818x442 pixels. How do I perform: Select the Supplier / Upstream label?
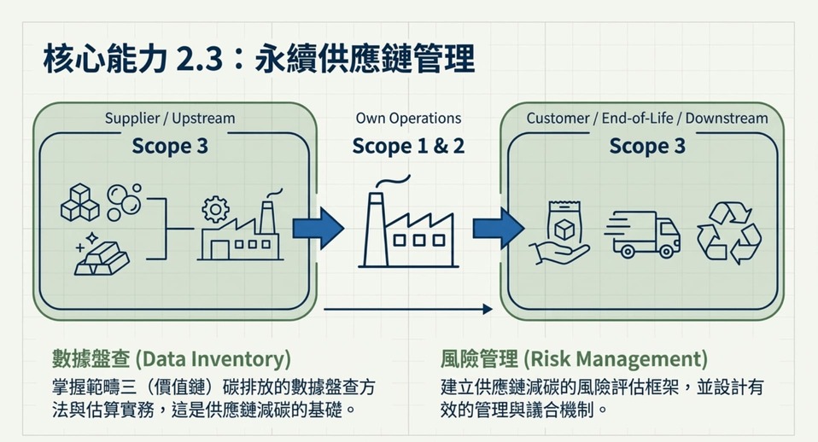[169, 118]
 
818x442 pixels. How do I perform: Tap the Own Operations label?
[408, 118]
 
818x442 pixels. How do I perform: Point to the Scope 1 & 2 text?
[408, 146]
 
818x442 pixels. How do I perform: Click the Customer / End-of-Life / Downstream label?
[647, 118]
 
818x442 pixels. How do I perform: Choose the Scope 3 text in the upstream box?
[169, 146]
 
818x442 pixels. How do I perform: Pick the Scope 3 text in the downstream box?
[647, 146]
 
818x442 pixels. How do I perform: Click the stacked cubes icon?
[80, 202]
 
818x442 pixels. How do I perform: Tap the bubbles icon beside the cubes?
[125, 201]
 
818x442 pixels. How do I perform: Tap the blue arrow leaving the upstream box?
[318, 228]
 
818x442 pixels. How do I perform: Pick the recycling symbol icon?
[728, 232]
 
